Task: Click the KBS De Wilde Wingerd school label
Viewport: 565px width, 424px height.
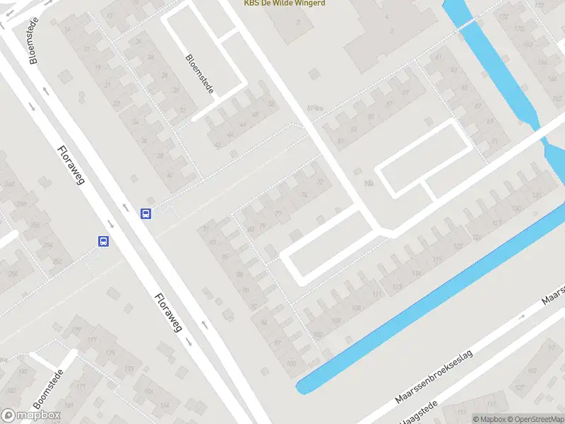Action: [285, 4]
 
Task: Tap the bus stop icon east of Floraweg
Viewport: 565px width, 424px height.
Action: [146, 213]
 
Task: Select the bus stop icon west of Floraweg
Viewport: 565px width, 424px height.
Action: [103, 241]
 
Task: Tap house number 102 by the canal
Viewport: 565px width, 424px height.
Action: [319, 334]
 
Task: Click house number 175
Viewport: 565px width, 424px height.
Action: [110, 353]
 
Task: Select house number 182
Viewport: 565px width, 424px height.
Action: [23, 370]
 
